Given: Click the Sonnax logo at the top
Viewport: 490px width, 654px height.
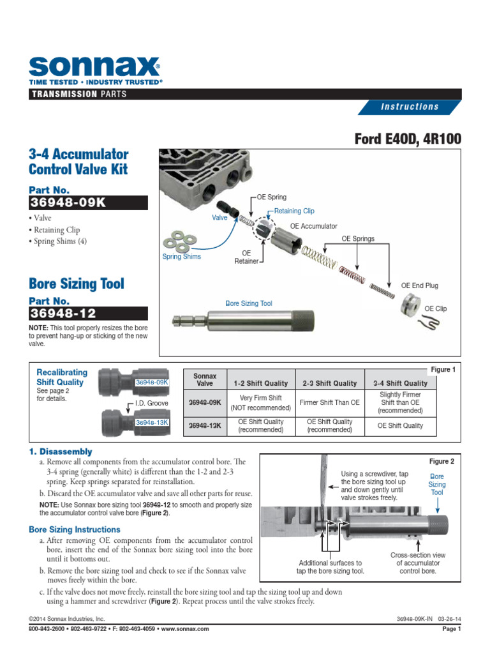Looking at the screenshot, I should (x=95, y=66).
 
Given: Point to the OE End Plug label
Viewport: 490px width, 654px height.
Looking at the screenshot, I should (x=419, y=285).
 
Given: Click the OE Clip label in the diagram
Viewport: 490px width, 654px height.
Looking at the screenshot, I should (x=436, y=308).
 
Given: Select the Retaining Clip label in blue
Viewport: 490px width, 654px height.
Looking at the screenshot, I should (x=294, y=211).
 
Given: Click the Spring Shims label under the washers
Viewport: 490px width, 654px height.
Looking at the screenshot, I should (x=181, y=257).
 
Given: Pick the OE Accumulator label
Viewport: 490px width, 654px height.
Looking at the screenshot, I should (x=314, y=226).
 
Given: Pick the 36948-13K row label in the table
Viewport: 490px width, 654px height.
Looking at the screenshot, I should (x=204, y=425).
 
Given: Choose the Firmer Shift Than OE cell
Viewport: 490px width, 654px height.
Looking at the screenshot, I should (x=329, y=402).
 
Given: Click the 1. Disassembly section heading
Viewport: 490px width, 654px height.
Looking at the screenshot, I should (x=61, y=452).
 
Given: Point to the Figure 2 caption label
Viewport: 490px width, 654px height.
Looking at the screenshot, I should (x=441, y=461).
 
